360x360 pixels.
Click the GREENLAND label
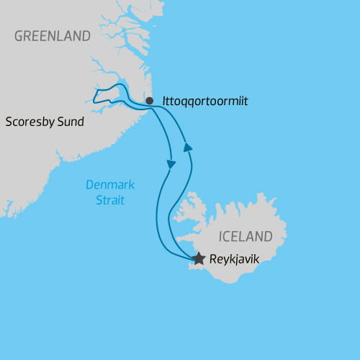coord(53,36)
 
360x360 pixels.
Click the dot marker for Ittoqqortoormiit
coord(149,101)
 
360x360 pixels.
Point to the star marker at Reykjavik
coord(199,257)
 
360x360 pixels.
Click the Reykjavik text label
coord(234,258)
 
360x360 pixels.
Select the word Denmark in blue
coord(110,185)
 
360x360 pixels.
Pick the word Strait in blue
coord(110,200)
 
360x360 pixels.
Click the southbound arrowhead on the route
coord(171,164)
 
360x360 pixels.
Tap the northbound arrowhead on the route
coord(188,147)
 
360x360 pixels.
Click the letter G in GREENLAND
coord(18,36)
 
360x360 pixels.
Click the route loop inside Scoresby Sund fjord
coord(108,94)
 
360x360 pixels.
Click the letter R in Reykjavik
coord(212,258)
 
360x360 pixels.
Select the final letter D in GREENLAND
coord(86,36)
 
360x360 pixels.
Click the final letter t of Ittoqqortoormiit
coord(246,102)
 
